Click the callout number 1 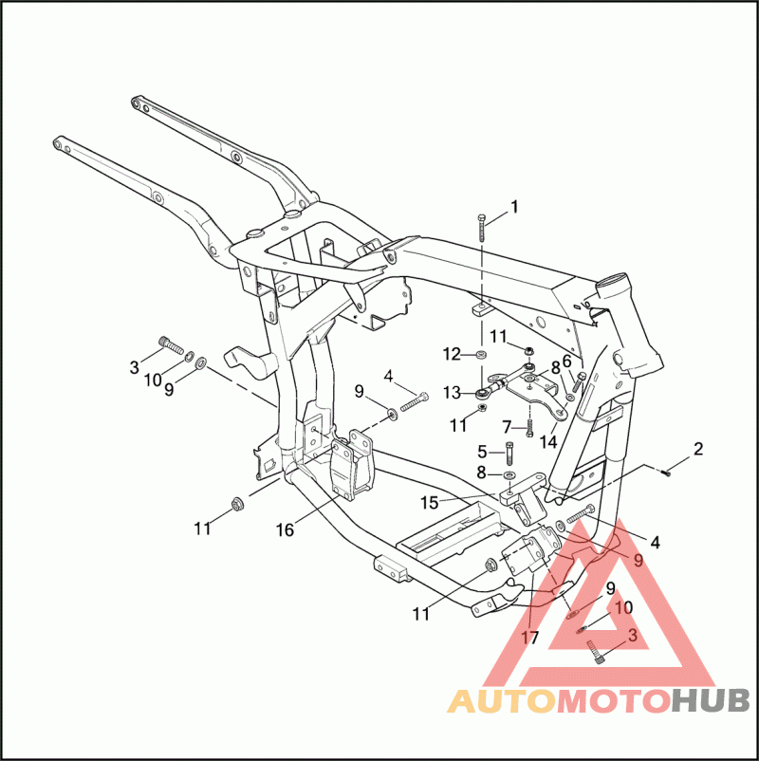click(x=515, y=206)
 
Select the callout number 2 click(x=698, y=449)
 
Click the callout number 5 click(x=482, y=451)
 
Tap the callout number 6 click(x=567, y=361)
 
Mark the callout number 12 click(x=453, y=354)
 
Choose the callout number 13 click(x=453, y=392)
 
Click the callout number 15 click(x=430, y=502)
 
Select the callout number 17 click(x=529, y=638)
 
